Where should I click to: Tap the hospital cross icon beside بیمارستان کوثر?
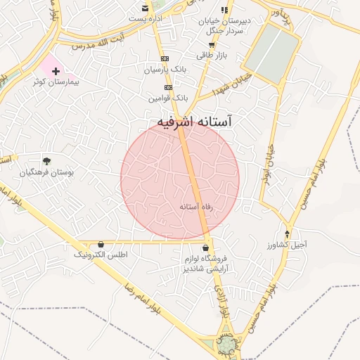pos(56,71)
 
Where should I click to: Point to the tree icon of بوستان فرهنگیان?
pos(46,161)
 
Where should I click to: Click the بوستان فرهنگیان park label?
pos(46,172)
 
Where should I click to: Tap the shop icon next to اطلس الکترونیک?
pos(101,244)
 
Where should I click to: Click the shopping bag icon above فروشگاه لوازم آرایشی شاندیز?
pos(205,248)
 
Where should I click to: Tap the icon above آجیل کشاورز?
pos(287,233)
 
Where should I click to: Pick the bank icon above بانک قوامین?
pos(168,87)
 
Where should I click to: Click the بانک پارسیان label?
pos(165,70)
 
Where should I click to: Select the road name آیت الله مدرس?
pos(102,39)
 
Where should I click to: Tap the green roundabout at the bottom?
pos(226,345)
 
